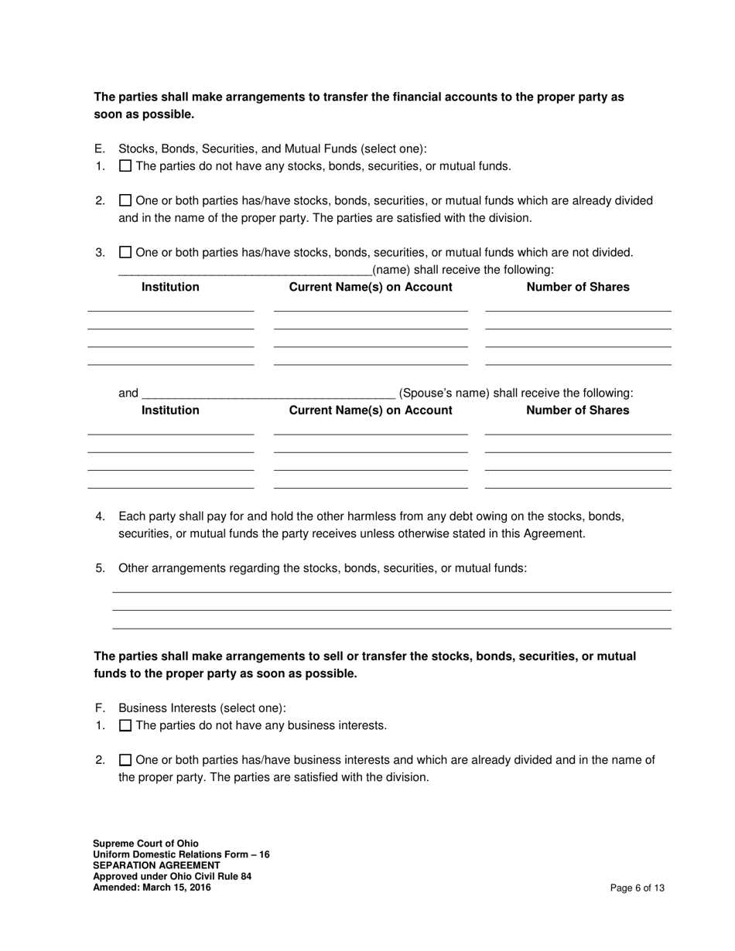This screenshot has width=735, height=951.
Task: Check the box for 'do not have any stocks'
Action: click(125, 166)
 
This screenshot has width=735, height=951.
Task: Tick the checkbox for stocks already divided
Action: click(125, 201)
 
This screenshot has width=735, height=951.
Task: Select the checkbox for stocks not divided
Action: click(125, 252)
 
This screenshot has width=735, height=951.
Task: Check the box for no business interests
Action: click(125, 726)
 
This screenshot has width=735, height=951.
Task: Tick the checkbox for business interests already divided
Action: click(125, 760)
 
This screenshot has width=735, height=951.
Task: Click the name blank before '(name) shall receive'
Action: click(244, 271)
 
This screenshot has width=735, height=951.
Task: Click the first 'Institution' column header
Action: click(170, 288)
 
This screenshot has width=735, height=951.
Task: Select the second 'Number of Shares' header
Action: click(577, 411)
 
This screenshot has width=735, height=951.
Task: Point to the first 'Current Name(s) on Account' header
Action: click(371, 288)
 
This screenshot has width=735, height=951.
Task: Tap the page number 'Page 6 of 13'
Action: click(637, 888)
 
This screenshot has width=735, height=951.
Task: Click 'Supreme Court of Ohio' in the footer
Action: click(145, 844)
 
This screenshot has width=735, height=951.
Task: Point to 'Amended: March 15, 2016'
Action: click(152, 888)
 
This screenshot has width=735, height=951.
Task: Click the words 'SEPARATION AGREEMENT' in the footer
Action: click(156, 865)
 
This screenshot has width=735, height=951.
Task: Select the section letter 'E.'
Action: click(99, 149)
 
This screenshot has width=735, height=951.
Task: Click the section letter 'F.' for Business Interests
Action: click(99, 708)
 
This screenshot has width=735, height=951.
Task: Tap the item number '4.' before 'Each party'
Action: click(100, 516)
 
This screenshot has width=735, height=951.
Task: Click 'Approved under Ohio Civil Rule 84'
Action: click(172, 877)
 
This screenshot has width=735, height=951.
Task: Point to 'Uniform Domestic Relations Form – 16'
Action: click(181, 854)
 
